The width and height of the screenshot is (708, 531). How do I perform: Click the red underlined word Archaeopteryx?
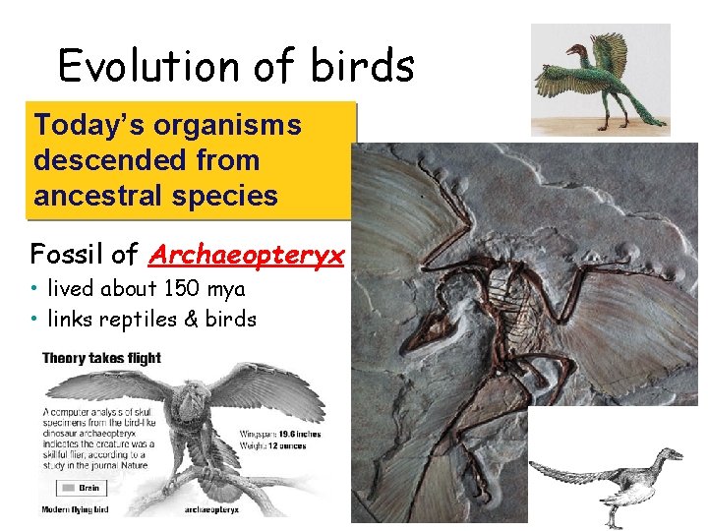coord(247,256)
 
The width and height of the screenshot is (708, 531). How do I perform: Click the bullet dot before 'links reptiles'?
coord(34,320)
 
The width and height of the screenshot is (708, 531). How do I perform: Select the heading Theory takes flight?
coord(101,358)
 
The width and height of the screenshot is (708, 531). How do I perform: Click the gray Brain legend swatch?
coord(66,487)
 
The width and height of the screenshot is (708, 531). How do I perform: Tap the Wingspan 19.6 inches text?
coord(280,433)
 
